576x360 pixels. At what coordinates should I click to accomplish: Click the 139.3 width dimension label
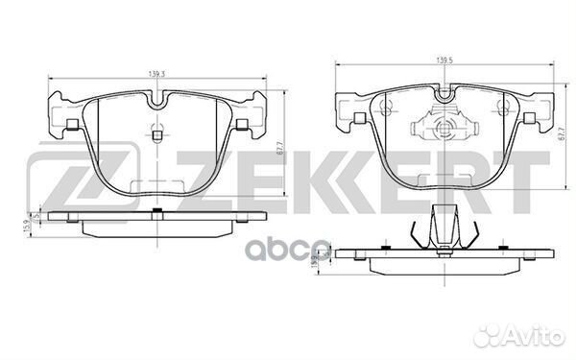(155, 73)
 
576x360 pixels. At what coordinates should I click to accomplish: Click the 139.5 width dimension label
(444, 62)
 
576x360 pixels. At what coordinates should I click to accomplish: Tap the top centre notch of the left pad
(158, 99)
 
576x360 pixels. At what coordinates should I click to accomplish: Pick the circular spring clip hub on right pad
(444, 128)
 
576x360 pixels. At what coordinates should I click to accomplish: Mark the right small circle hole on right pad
(502, 108)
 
